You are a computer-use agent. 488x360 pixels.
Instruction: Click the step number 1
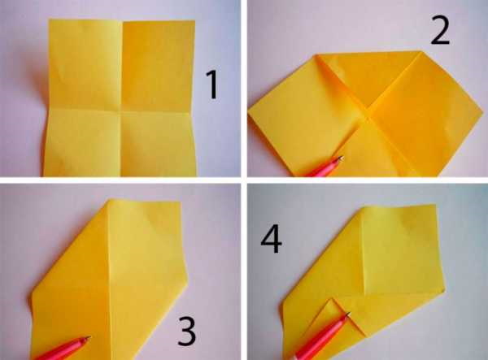click(x=212, y=85)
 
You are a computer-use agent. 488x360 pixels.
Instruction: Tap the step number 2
click(x=440, y=31)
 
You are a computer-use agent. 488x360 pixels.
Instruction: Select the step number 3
click(x=187, y=332)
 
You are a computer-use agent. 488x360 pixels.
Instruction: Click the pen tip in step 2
click(x=342, y=158)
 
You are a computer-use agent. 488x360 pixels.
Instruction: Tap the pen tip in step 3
click(x=89, y=337)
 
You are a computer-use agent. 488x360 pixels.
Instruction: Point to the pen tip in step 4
click(x=349, y=314)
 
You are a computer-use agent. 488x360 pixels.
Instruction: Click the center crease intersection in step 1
click(x=120, y=109)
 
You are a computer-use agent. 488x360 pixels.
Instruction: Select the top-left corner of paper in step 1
click(x=49, y=20)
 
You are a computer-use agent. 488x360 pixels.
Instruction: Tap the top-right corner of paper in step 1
click(x=195, y=21)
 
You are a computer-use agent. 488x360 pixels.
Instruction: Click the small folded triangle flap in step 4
click(x=329, y=314)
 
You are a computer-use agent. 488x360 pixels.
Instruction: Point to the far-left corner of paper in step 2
click(x=249, y=115)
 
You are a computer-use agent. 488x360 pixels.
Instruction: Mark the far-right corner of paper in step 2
click(x=484, y=111)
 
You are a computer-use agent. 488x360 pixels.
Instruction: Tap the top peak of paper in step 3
click(x=109, y=200)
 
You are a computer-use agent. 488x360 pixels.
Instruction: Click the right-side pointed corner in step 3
click(x=189, y=274)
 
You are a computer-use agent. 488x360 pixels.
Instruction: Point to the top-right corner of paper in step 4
click(x=435, y=205)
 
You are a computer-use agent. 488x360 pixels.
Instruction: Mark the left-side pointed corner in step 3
click(x=31, y=294)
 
